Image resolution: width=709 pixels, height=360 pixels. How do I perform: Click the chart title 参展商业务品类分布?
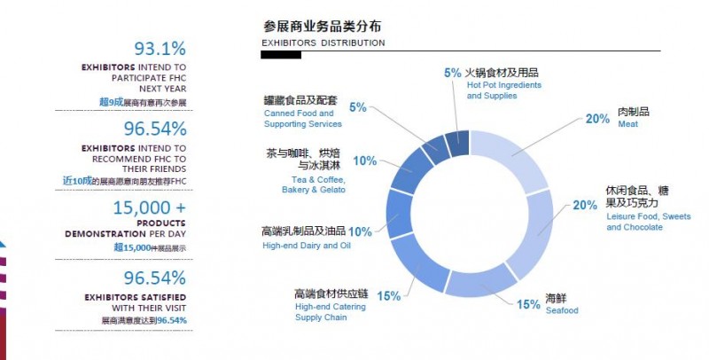(323, 26)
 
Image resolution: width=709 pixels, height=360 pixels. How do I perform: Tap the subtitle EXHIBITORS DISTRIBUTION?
(323, 43)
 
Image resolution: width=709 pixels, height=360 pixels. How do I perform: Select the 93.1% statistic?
(160, 50)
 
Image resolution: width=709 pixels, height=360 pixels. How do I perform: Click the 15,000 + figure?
(149, 208)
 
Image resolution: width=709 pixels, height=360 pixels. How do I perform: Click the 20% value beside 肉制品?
(596, 118)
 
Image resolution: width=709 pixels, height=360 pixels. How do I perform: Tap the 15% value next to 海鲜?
(529, 304)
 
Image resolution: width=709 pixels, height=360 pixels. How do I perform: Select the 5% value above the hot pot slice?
(452, 73)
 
